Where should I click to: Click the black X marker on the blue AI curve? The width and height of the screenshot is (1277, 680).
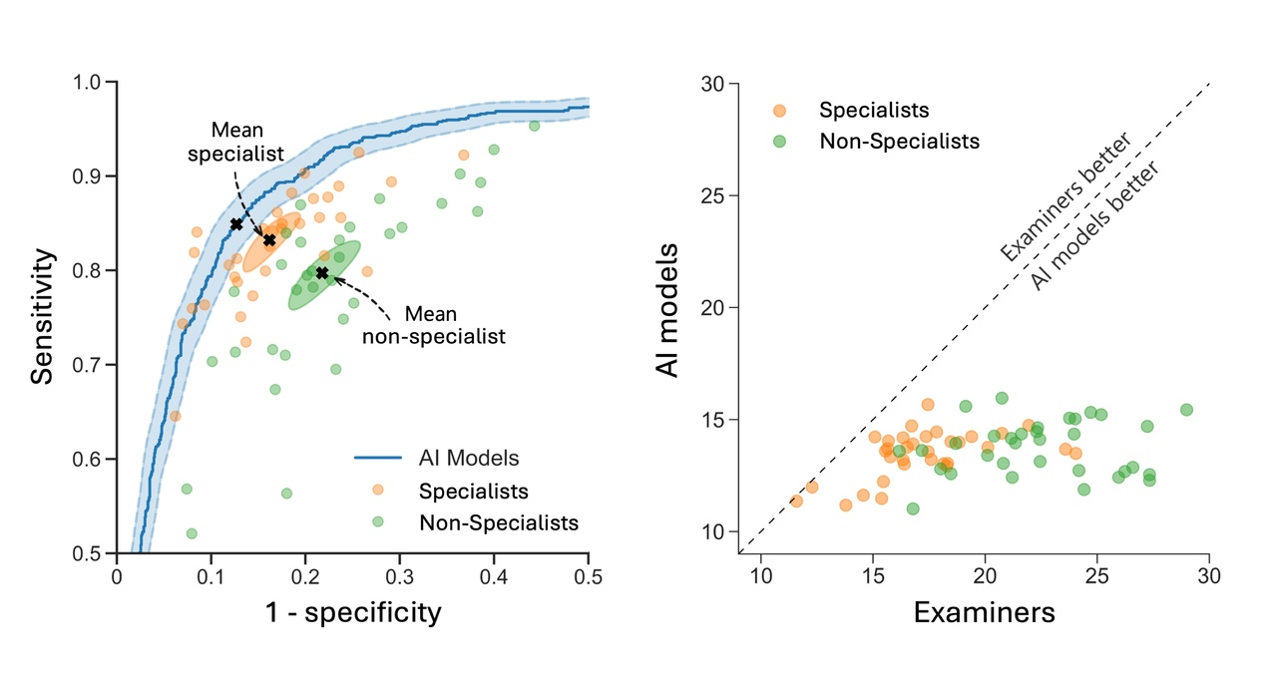pos(236,224)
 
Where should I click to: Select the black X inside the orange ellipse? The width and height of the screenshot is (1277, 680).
pos(269,240)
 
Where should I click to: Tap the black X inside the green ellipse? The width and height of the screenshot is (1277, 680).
pos(321,272)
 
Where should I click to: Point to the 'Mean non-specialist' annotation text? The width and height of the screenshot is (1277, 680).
pos(433,325)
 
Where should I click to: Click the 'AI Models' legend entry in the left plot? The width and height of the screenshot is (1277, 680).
pos(469,459)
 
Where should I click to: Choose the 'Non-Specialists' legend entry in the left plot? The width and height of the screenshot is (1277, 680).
pos(498,522)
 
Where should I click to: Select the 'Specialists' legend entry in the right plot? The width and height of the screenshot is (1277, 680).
pos(873,110)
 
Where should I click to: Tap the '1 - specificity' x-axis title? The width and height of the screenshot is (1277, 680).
pos(352,611)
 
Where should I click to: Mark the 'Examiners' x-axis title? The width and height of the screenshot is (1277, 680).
pos(984,611)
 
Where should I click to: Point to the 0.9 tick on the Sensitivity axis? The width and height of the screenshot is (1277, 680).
pos(93,176)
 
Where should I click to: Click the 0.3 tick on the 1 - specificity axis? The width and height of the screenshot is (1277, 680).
pos(400,574)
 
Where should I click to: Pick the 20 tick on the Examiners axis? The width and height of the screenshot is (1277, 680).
pos(985,575)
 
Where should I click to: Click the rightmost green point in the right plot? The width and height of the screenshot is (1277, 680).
pos(1186,410)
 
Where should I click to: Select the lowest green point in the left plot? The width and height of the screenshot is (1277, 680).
pos(192,533)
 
